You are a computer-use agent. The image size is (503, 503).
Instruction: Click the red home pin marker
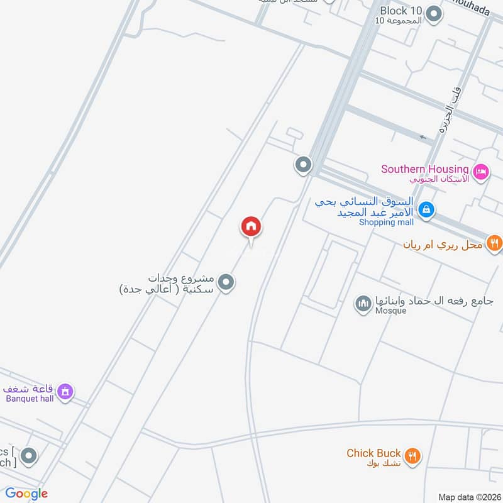251,226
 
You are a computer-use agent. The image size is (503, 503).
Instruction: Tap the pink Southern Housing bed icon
481,172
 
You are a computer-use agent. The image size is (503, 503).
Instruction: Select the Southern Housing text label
425,169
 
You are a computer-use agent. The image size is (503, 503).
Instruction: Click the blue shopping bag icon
426,209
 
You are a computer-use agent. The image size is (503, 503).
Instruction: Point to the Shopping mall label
386,222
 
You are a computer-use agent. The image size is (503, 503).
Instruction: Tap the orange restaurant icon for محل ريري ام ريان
495,243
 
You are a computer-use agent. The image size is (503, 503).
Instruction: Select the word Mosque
390,311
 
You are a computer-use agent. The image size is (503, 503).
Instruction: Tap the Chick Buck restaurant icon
412,456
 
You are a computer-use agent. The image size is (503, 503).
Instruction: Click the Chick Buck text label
373,453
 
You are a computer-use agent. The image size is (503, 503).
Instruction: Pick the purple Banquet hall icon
65,392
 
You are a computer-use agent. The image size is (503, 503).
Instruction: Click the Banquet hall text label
30,399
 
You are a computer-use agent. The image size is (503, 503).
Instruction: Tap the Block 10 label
401,11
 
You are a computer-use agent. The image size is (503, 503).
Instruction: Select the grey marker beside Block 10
434,13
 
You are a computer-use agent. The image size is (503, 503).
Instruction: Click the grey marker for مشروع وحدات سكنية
227,282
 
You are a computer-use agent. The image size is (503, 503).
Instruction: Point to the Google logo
27,494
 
